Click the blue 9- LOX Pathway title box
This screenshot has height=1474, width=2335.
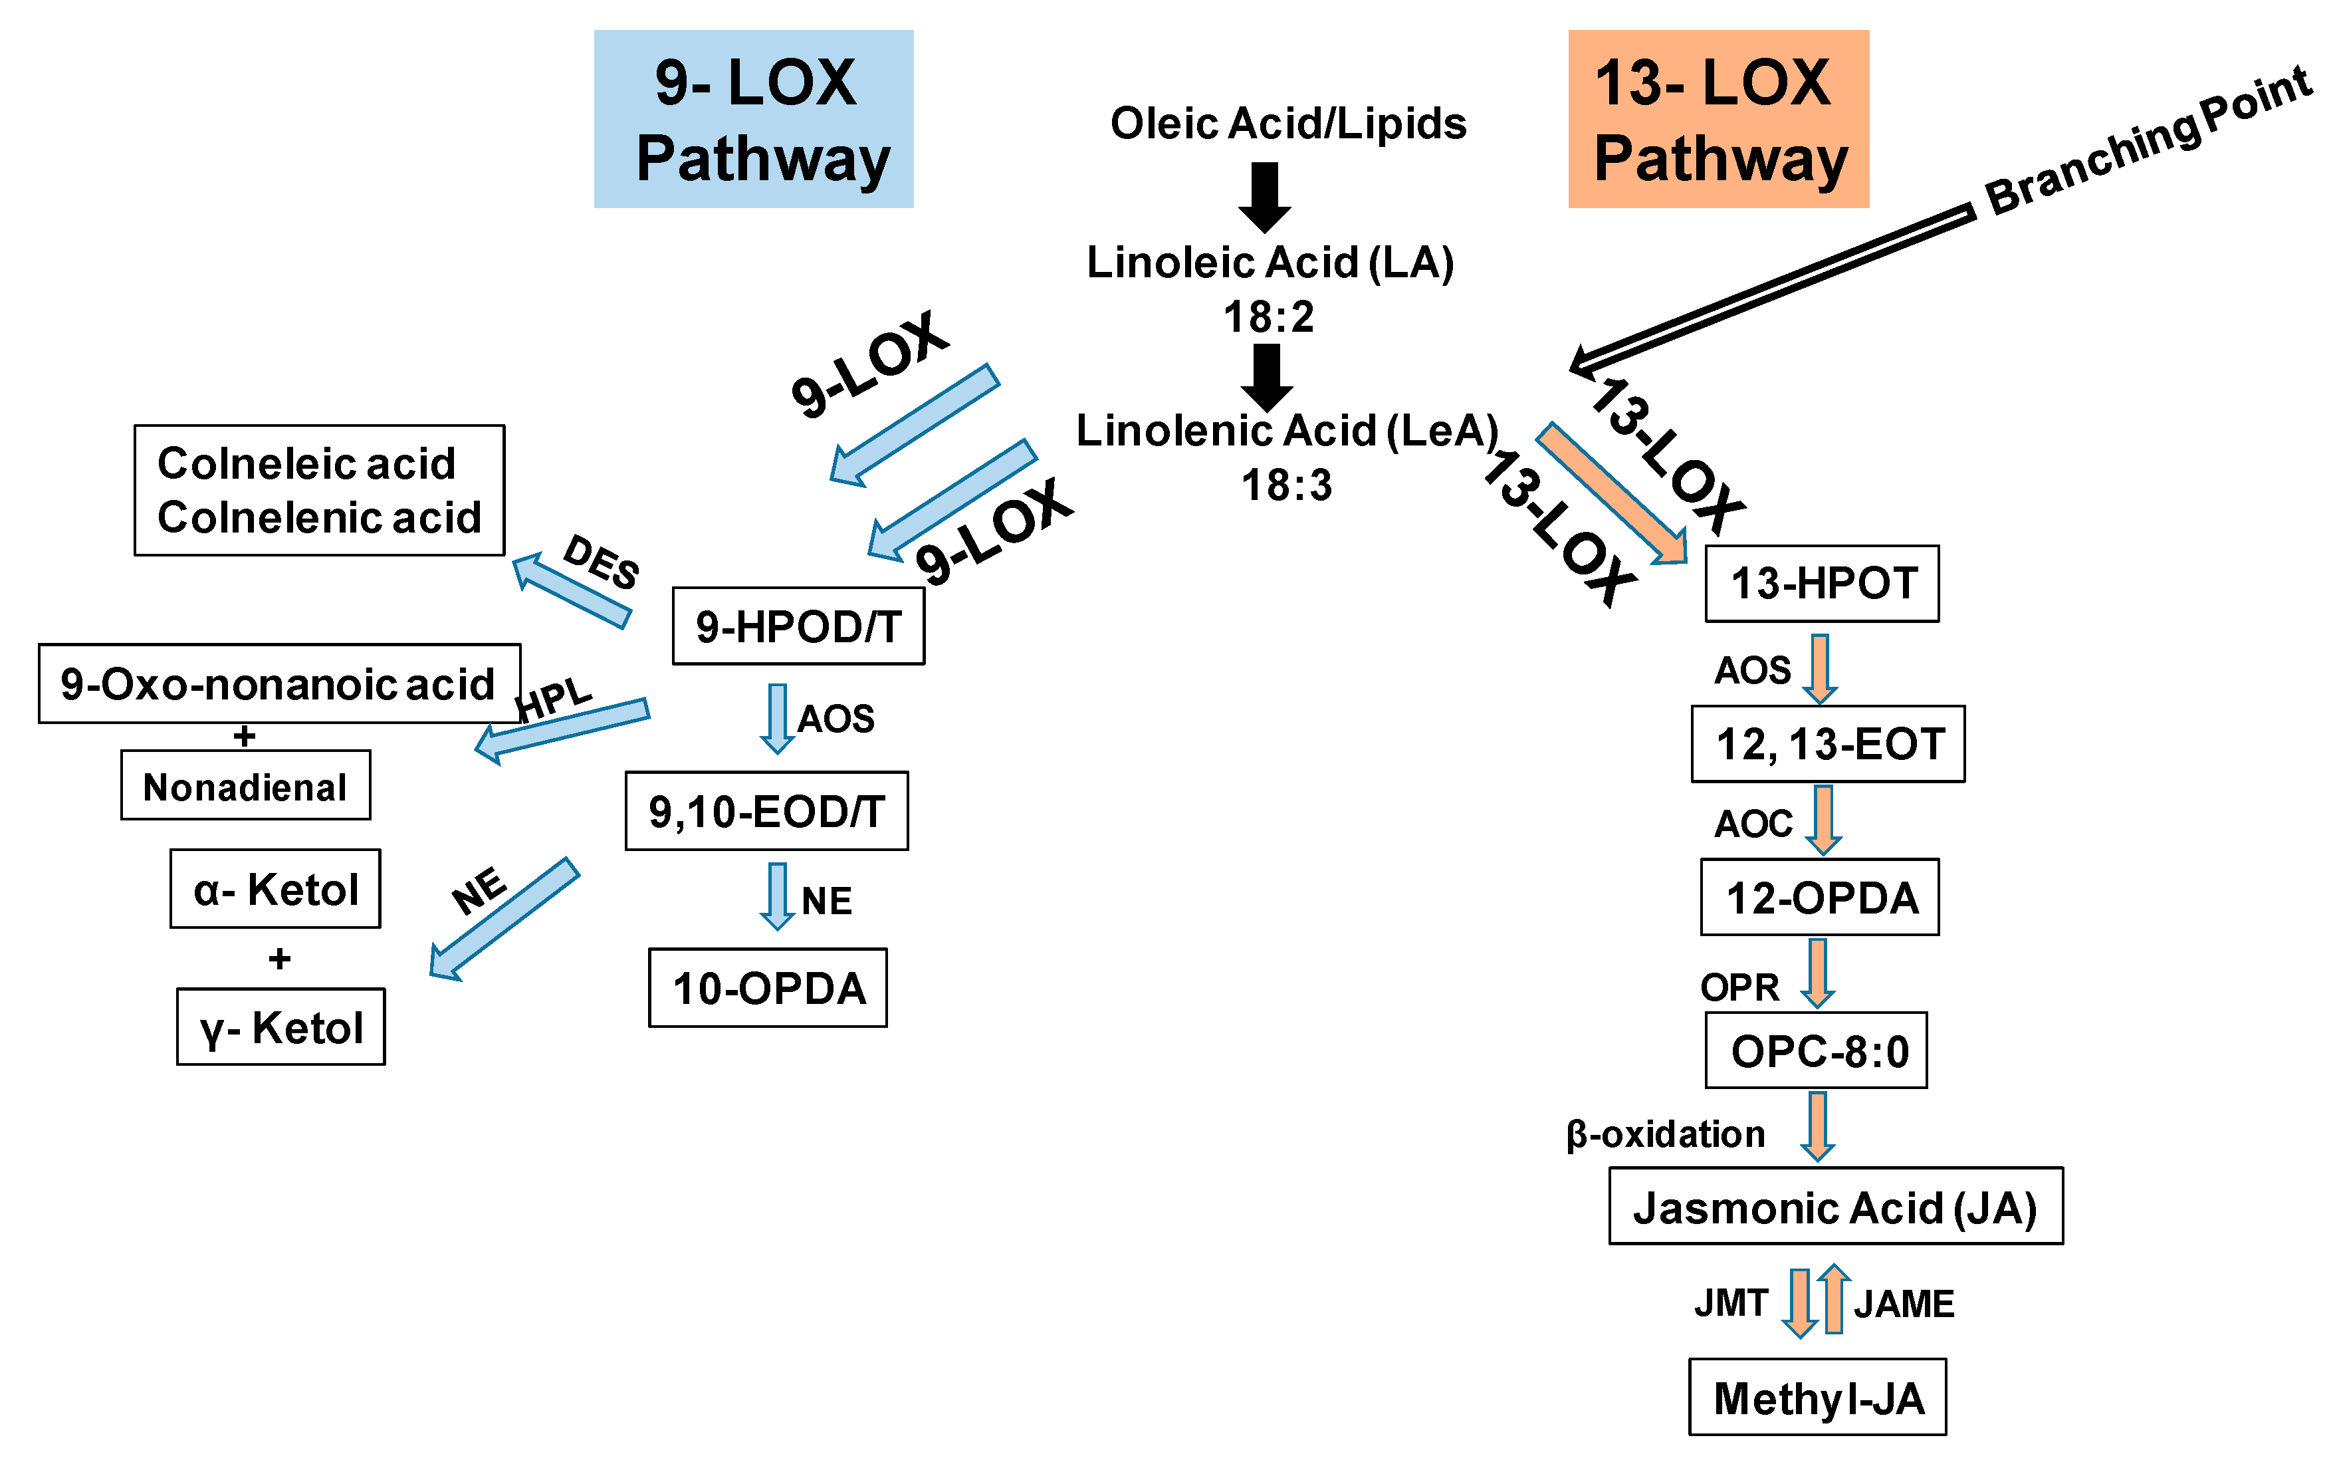click(x=754, y=118)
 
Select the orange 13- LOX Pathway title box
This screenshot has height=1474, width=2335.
click(x=1718, y=118)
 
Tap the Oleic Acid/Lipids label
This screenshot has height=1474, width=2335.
click(x=1287, y=123)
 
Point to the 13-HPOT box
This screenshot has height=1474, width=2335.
click(x=1821, y=583)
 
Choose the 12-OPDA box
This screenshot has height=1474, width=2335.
click(x=1819, y=897)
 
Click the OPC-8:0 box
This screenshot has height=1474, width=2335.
click(x=1815, y=1050)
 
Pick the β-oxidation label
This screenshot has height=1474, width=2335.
click(x=1665, y=1134)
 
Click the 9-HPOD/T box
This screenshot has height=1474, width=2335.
click(x=798, y=626)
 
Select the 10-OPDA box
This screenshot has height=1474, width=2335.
click(x=767, y=987)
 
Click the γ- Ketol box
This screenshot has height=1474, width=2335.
click(x=280, y=1027)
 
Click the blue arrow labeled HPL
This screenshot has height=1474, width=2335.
click(x=562, y=730)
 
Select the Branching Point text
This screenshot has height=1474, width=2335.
click(x=2148, y=140)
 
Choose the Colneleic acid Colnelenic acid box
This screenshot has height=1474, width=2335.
click(x=319, y=490)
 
